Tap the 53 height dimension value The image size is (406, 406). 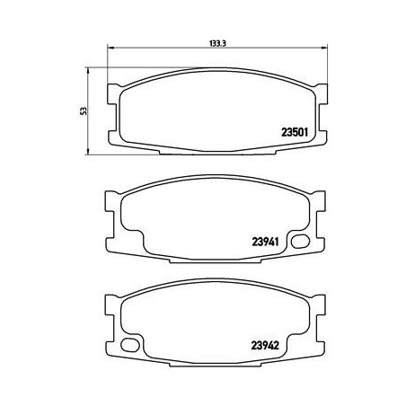pyautogui.click(x=83, y=110)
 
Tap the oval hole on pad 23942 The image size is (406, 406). pyautogui.click(x=131, y=343)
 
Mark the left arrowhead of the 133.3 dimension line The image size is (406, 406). pyautogui.click(x=110, y=49)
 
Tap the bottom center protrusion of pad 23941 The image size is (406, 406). pyautogui.click(x=215, y=260)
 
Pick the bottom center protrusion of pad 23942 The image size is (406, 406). pyautogui.click(x=215, y=362)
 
